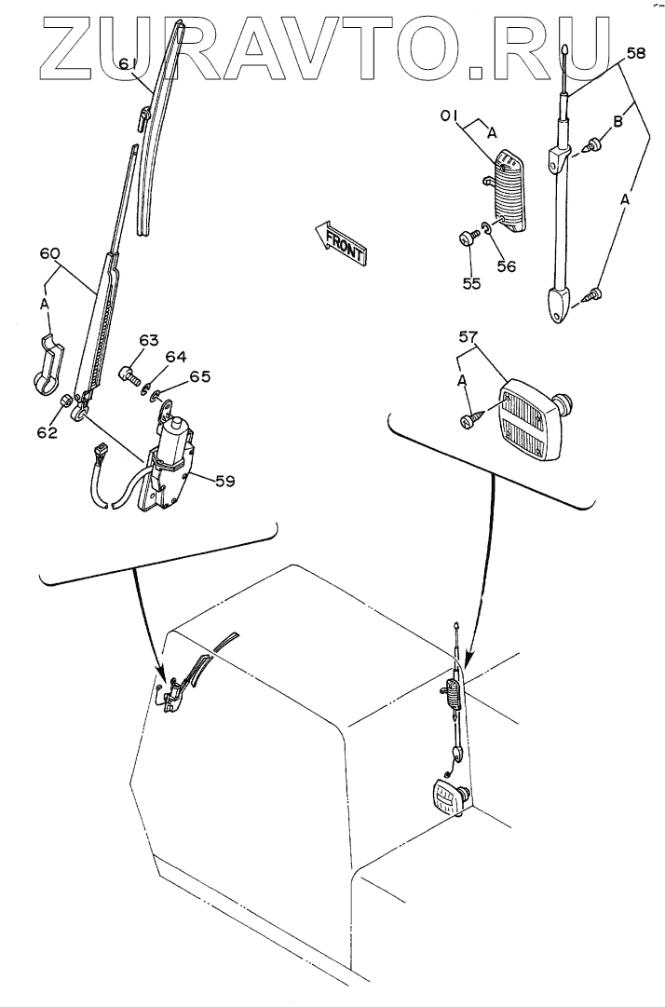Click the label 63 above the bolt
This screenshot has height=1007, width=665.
click(x=150, y=341)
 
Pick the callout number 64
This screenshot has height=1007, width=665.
click(x=176, y=357)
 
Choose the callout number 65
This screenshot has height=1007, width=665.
click(x=199, y=377)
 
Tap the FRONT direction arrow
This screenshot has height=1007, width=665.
click(x=341, y=238)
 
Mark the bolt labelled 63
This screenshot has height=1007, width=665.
click(x=129, y=376)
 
